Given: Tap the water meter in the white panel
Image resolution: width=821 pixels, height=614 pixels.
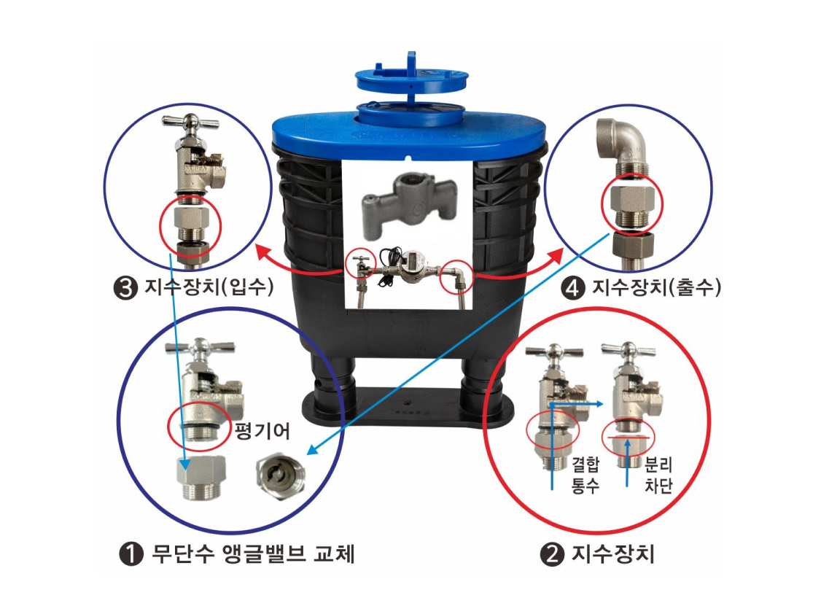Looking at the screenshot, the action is pos(409,271).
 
